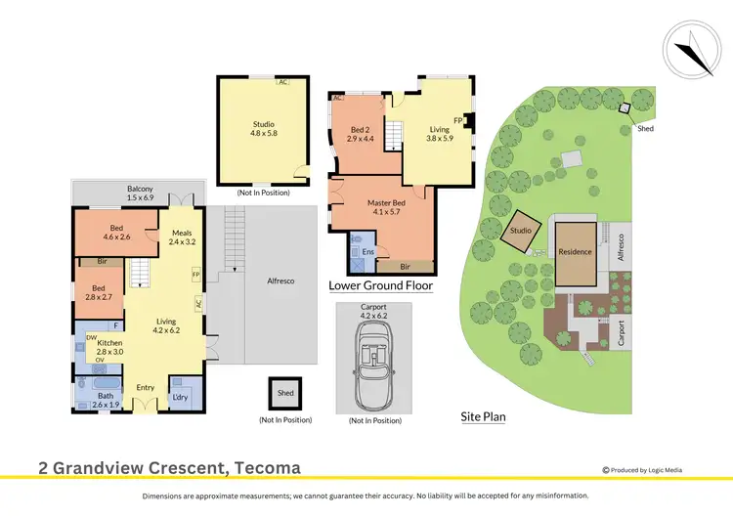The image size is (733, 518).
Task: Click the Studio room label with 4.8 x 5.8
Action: tap(263, 129)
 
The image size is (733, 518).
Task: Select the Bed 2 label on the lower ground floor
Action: tap(361, 133)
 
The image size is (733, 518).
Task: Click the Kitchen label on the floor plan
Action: tap(109, 348)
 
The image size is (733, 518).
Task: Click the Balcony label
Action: tap(140, 194)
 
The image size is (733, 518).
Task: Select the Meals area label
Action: tap(183, 237)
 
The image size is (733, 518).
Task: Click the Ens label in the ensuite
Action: tap(367, 252)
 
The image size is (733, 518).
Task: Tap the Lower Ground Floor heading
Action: tap(380, 286)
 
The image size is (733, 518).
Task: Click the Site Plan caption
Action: tap(483, 416)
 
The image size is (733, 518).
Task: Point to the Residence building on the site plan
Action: tap(575, 251)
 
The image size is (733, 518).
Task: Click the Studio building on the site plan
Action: tap(520, 231)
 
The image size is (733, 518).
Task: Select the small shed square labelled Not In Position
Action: tap(285, 393)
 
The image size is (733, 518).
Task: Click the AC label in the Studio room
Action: tap(283, 82)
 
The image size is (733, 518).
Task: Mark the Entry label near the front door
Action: tap(145, 388)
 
